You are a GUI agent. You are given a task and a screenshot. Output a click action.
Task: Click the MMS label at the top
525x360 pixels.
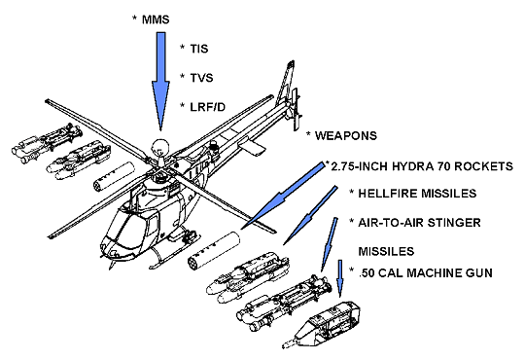156,19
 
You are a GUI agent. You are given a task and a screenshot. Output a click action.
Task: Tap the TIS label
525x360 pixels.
199,49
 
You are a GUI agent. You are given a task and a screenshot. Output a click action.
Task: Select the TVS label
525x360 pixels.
201,78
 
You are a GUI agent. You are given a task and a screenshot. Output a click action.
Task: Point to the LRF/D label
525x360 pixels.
208,107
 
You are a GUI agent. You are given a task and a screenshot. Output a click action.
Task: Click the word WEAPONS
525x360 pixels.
346,136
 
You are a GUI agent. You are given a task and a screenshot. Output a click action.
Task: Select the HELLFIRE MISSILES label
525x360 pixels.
417,194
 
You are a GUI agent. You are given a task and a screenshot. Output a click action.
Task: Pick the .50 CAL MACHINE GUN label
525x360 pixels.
425,272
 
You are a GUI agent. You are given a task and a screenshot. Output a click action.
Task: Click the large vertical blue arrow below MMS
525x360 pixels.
160,82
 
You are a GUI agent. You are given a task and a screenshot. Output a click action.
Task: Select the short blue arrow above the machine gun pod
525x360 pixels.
340,278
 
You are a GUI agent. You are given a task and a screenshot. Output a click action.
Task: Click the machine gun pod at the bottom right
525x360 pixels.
327,323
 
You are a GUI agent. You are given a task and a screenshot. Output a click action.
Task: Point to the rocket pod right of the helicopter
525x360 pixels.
214,250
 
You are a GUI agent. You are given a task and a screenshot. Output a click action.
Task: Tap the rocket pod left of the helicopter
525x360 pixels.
113,177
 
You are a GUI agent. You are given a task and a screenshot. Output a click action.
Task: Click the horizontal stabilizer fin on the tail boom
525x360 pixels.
252,146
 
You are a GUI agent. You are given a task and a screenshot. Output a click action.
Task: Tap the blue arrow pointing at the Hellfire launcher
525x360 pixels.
310,215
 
